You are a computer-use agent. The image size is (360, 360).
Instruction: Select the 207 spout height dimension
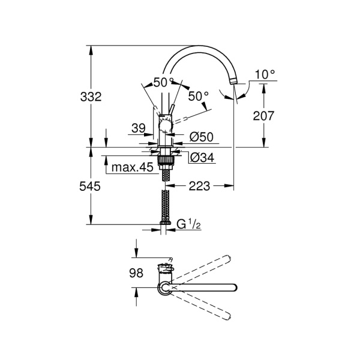264,116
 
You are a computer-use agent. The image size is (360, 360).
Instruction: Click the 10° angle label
264,74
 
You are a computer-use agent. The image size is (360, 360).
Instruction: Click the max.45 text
133,168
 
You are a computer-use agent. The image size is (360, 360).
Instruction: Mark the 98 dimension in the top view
137,273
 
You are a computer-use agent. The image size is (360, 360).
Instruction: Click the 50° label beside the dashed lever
198,95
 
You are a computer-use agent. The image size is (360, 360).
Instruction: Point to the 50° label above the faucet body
163,82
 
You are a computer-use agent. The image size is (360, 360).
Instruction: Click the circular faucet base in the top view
164,289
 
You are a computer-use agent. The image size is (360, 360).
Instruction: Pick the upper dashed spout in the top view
201,269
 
